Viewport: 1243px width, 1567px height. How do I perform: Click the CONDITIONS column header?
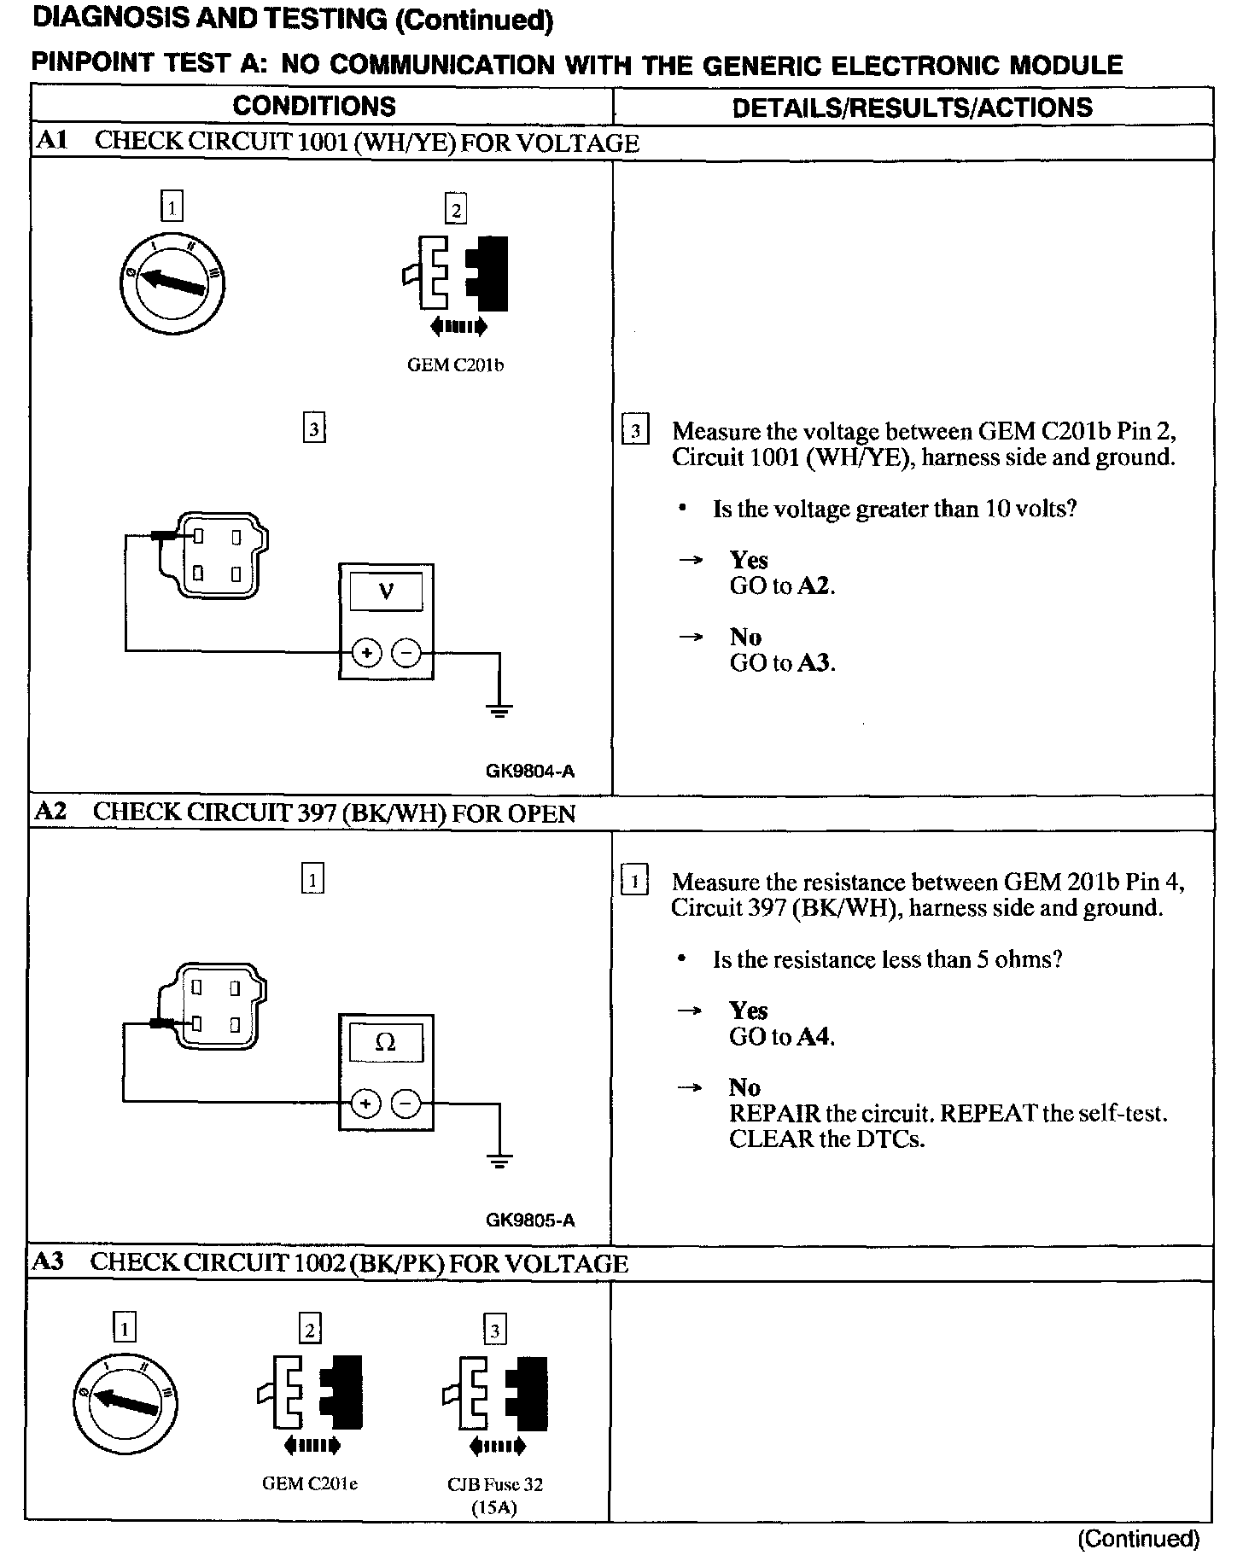314,106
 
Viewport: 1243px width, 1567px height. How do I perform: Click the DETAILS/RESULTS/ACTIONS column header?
912,107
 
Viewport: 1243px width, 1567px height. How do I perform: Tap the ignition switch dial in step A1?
172,282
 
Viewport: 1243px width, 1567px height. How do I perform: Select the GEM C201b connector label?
455,365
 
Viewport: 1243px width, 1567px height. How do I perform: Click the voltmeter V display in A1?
386,591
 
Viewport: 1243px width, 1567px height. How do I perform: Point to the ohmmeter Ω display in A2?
386,1042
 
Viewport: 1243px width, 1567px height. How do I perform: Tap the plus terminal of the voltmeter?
366,654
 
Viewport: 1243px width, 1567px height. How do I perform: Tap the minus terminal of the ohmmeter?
406,1104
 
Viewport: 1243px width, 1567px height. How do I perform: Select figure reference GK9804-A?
530,772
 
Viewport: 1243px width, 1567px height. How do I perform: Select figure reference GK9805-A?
530,1220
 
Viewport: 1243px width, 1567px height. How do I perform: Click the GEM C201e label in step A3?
309,1483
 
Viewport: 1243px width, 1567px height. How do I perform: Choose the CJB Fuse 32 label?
495,1484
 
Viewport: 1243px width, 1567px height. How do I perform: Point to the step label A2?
50,812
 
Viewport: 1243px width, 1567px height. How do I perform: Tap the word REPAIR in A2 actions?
774,1114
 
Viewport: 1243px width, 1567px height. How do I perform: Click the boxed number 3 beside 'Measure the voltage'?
635,432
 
